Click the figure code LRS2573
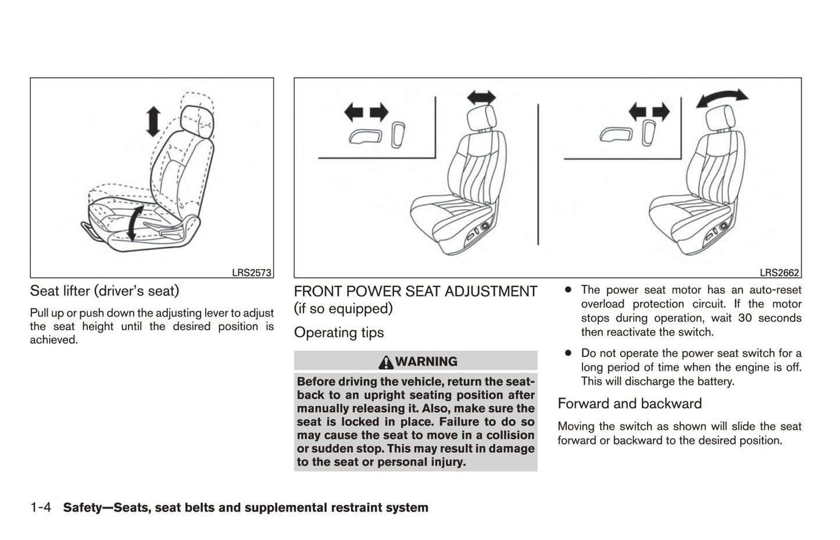pyautogui.click(x=251, y=273)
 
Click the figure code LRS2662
pyautogui.click(x=779, y=273)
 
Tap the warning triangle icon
pyautogui.click(x=385, y=362)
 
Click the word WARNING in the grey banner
pyautogui.click(x=426, y=362)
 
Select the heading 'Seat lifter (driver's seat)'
pyautogui.click(x=105, y=291)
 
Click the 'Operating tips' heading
pyautogui.click(x=339, y=332)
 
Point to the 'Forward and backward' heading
pyautogui.click(x=630, y=403)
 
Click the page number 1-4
pyautogui.click(x=41, y=508)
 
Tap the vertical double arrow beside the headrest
pyautogui.click(x=153, y=121)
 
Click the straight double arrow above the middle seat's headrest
pyautogui.click(x=481, y=98)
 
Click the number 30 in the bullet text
pyautogui.click(x=745, y=318)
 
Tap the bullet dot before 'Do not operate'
pyautogui.click(x=568, y=353)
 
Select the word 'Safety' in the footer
pyautogui.click(x=83, y=508)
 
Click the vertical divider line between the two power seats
pyautogui.click(x=538, y=174)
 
